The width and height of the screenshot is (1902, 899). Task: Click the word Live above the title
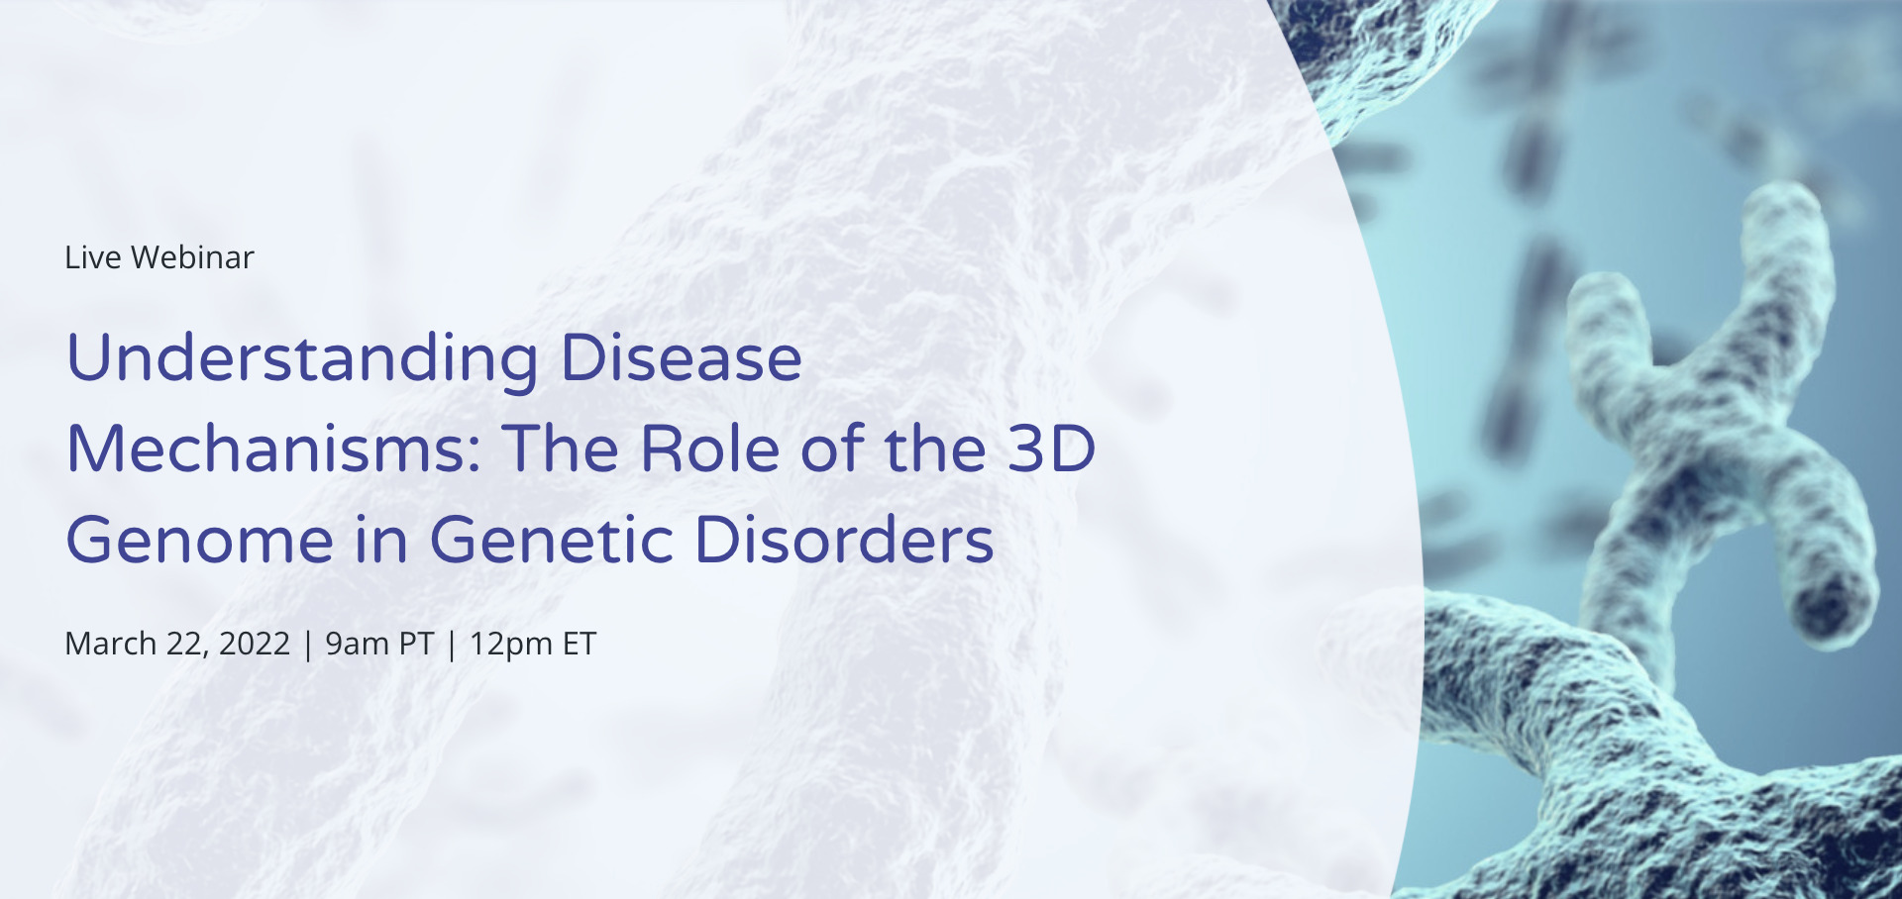tap(92, 257)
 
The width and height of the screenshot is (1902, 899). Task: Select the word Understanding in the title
tap(302, 358)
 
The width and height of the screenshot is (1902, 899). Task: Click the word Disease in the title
tap(682, 358)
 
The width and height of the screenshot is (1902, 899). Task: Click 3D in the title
tap(1052, 449)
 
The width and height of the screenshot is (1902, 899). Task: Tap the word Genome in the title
tap(199, 541)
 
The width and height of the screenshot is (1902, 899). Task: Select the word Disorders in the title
tap(844, 541)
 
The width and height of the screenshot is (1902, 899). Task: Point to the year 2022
tap(255, 644)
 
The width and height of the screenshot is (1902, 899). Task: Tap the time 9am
tap(357, 644)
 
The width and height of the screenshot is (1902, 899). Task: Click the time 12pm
tap(510, 644)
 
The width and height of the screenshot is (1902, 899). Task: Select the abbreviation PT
tap(416, 644)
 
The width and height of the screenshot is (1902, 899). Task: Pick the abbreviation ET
tap(580, 644)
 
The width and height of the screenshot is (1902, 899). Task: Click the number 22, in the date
tap(186, 644)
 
